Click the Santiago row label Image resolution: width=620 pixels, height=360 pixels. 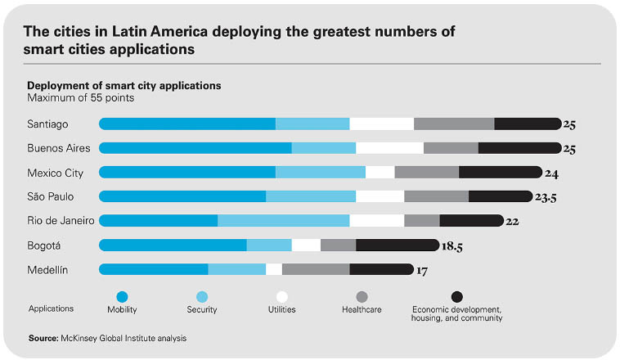47,124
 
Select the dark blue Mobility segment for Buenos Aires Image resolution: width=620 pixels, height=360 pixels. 195,148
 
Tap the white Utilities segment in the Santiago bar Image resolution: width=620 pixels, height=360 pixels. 381,124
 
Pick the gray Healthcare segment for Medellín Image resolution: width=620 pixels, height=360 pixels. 316,269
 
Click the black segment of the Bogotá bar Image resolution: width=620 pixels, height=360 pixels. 398,245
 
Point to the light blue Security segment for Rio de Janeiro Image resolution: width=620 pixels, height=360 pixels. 283,221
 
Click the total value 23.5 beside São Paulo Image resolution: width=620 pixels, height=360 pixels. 546,197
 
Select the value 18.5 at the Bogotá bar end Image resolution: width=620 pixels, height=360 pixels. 452,245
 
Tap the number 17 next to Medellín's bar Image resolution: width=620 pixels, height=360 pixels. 422,270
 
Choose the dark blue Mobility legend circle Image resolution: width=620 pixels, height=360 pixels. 123,297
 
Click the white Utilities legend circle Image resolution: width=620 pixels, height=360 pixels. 282,297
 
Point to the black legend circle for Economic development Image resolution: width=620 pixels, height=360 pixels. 457,297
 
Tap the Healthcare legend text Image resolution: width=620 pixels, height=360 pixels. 362,310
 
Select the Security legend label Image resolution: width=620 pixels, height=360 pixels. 201,310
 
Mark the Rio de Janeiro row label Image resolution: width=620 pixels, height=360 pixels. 61,221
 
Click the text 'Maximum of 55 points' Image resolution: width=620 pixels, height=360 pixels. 80,98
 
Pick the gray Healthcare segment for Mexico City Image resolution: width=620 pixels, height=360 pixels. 426,173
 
